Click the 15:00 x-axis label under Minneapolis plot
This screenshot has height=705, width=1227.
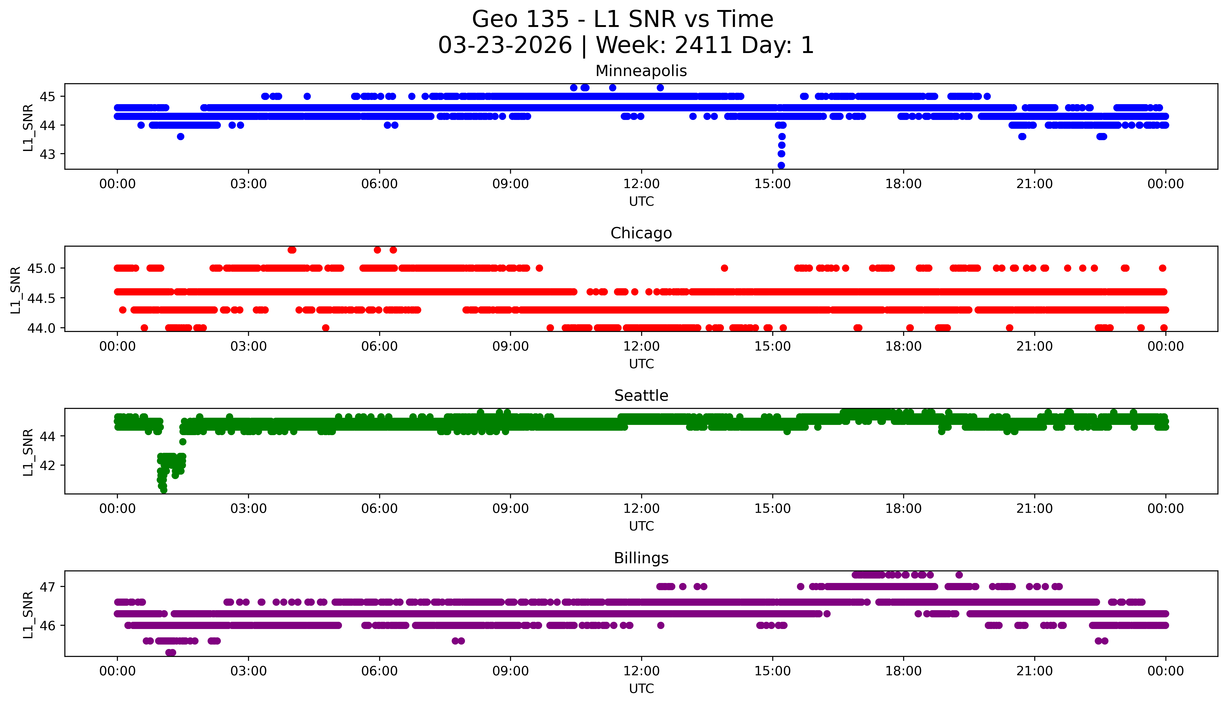pos(772,184)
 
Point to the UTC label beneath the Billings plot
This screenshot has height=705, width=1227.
pos(641,688)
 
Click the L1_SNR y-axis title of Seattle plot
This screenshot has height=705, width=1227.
pos(28,452)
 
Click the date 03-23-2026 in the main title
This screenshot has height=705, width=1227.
pos(505,46)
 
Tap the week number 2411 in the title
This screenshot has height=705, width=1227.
pos(705,46)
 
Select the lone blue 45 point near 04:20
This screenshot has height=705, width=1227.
pos(307,96)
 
